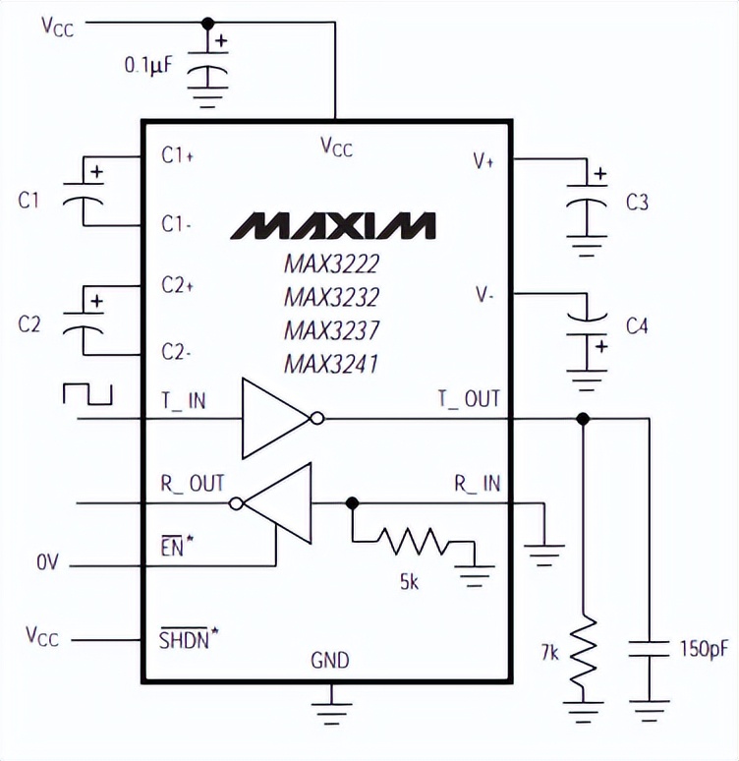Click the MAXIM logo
click(333, 225)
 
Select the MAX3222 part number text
click(331, 263)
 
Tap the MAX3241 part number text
click(331, 364)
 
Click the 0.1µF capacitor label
click(148, 66)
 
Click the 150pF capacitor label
click(704, 649)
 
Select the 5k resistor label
click(409, 583)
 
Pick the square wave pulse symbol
click(87, 393)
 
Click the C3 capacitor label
click(637, 203)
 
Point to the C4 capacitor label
click(637, 325)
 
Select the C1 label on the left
click(29, 201)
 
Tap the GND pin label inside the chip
click(329, 661)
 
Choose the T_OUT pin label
click(468, 398)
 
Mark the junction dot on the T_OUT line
click(583, 419)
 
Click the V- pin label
click(484, 294)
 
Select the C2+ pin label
click(178, 285)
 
